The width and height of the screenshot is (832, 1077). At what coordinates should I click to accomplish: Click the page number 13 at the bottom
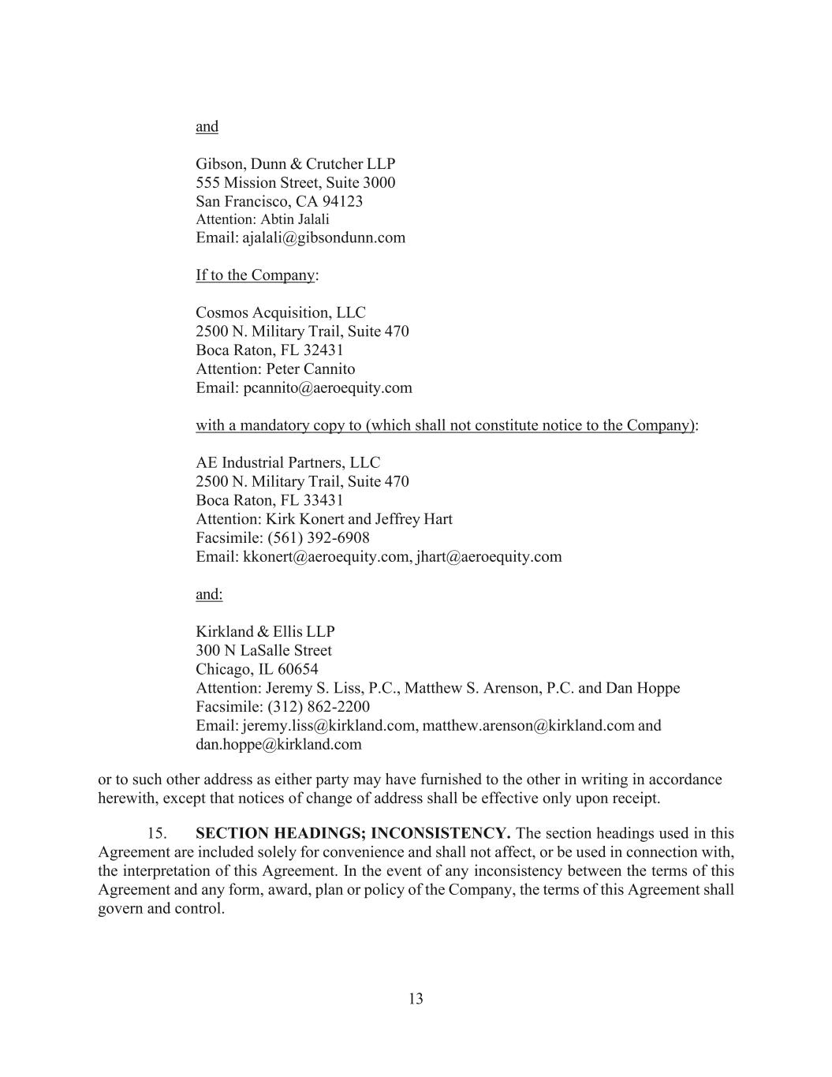pos(416,999)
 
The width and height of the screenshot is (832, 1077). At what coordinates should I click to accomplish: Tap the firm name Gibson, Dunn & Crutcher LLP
pos(295,164)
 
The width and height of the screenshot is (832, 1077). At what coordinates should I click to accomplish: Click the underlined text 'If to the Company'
pos(255,275)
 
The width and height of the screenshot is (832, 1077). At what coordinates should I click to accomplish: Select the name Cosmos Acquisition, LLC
pos(281,313)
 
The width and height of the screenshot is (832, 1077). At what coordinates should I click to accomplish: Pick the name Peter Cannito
pos(310,369)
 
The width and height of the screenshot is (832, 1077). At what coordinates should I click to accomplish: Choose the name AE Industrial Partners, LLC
pos(288,463)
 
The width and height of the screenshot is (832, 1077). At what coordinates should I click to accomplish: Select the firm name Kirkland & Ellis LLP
pos(265,632)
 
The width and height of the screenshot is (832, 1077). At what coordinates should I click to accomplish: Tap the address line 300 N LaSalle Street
pos(263,651)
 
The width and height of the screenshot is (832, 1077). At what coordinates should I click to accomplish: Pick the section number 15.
pos(157,834)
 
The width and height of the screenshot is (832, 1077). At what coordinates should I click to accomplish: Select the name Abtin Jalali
pos(295,219)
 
